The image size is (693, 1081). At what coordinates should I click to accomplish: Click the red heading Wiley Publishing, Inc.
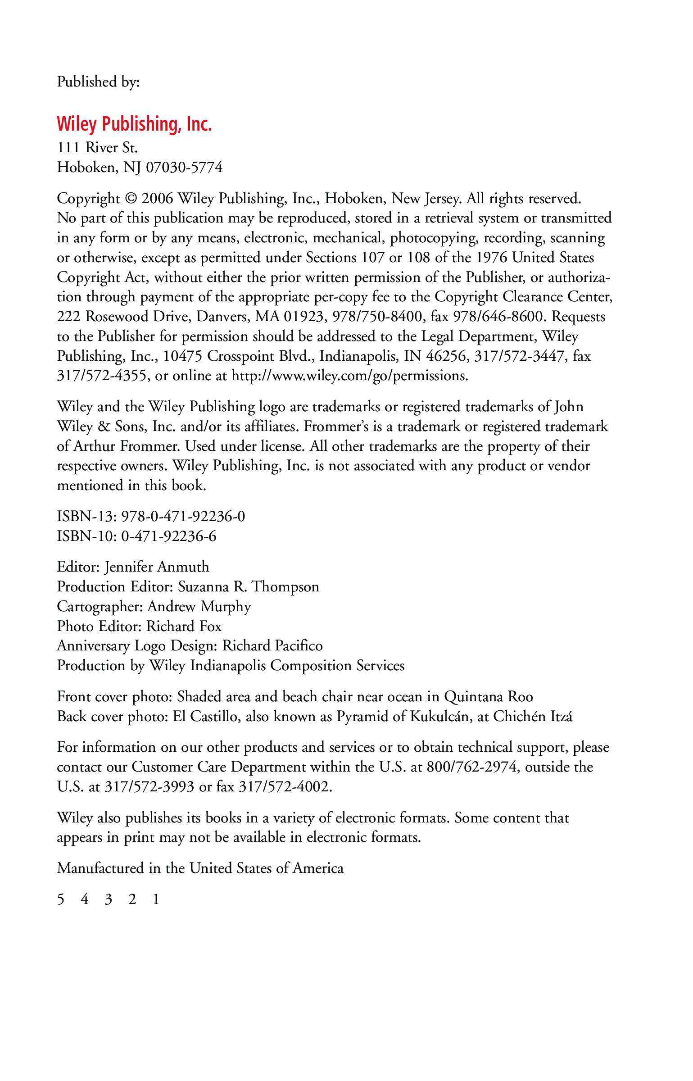click(134, 124)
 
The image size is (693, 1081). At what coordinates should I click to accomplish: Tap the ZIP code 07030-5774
click(184, 168)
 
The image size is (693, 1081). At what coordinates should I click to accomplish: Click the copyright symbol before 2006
click(131, 199)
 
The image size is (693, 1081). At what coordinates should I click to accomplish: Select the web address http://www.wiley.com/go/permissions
click(349, 376)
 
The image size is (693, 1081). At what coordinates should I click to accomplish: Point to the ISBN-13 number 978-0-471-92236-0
click(183, 516)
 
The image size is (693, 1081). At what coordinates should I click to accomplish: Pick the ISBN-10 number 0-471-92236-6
click(168, 536)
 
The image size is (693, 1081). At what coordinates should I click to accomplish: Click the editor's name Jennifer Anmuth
click(157, 567)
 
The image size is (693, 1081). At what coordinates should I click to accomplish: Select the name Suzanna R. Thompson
click(249, 586)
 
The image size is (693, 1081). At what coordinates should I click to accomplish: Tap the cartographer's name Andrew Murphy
click(199, 606)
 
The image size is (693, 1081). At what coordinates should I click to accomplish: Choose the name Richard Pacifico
click(272, 646)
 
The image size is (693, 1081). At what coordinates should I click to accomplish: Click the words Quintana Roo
click(488, 697)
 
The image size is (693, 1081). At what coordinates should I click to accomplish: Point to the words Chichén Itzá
click(533, 716)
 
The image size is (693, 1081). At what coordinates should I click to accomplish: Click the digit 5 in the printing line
click(61, 899)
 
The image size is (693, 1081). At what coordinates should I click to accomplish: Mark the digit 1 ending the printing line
click(156, 899)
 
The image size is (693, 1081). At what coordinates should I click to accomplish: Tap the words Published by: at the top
click(98, 82)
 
